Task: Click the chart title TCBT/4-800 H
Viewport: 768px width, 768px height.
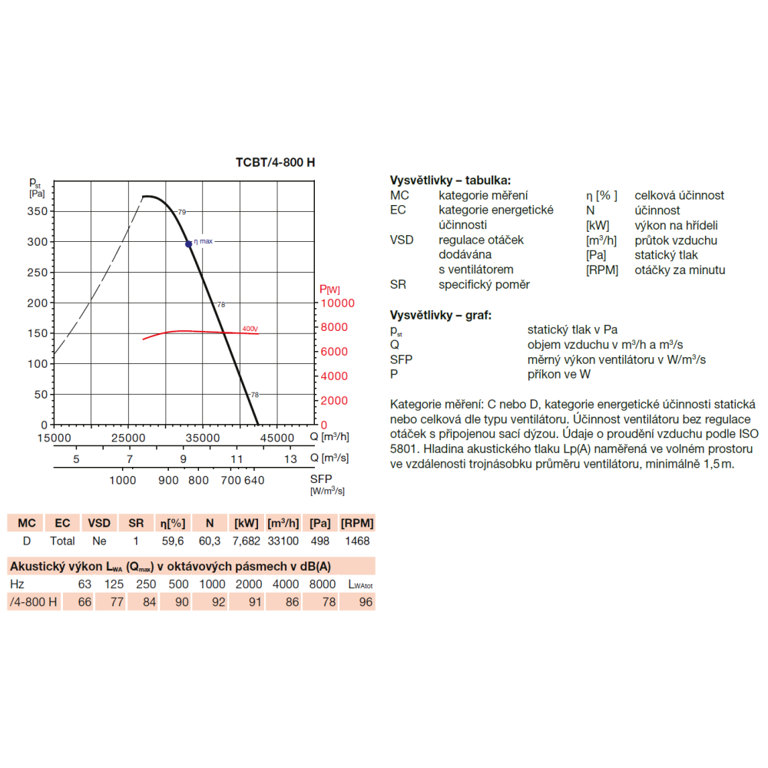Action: (275, 162)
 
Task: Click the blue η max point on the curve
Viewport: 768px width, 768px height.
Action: (189, 244)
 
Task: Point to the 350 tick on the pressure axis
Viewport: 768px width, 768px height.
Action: (38, 211)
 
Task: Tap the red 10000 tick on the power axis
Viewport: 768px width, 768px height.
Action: (337, 303)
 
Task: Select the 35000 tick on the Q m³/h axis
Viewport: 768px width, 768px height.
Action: (202, 438)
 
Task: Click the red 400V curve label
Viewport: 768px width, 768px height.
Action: (250, 329)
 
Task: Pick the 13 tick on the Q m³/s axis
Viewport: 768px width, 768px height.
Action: (290, 459)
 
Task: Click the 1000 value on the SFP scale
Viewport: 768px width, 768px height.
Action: (122, 480)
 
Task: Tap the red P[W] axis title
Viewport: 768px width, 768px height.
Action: (329, 290)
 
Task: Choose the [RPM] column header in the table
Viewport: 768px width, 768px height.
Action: (357, 523)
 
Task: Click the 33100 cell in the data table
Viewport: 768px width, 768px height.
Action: (283, 541)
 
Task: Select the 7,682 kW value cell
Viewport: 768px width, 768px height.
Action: (247, 541)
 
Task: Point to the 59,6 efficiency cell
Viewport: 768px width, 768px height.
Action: (173, 541)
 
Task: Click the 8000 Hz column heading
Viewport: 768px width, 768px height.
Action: (323, 584)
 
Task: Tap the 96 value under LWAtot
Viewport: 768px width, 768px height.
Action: (366, 602)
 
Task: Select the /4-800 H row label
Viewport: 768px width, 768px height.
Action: (33, 602)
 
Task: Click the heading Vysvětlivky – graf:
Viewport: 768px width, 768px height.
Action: (441, 315)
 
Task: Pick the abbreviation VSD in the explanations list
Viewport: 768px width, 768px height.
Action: (402, 240)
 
